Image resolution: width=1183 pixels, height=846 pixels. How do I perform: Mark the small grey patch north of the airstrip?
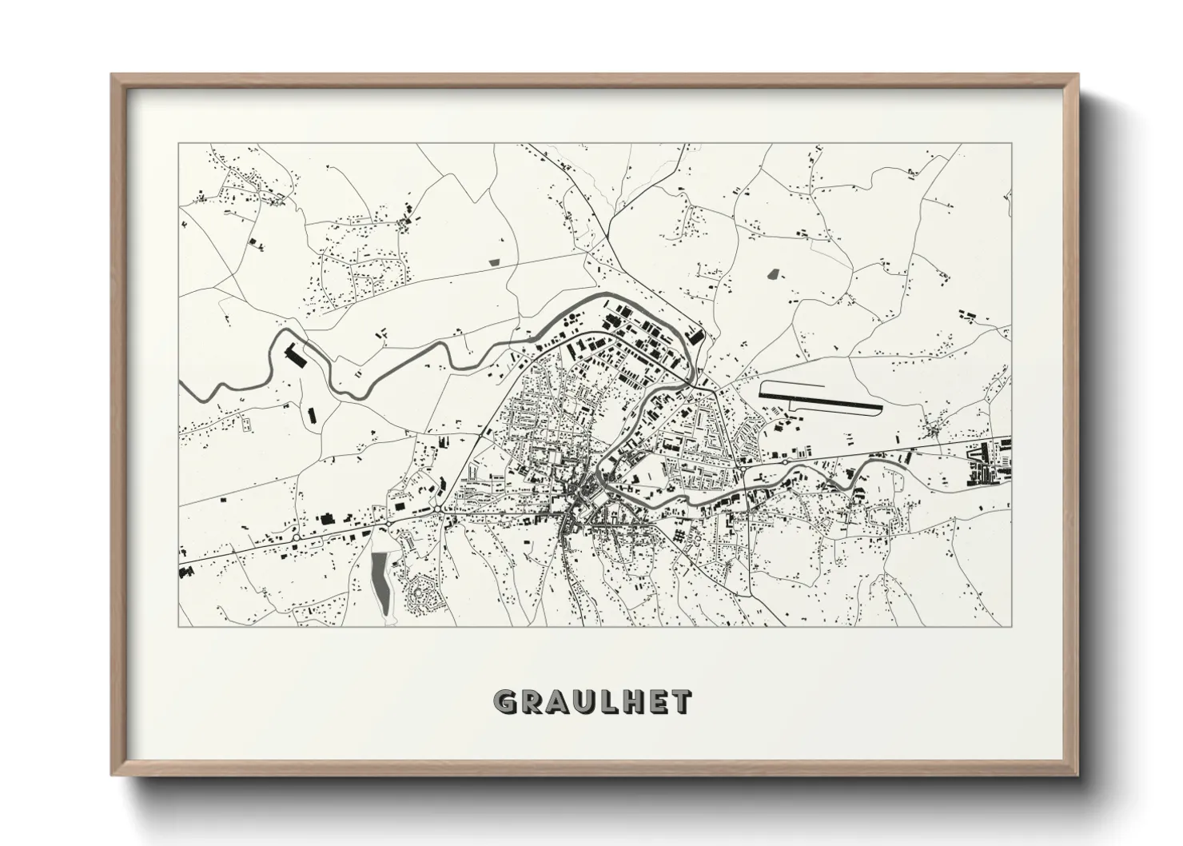(x=772, y=273)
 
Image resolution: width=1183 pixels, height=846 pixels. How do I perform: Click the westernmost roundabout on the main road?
(x=296, y=539)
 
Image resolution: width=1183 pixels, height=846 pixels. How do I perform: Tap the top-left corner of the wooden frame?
(x=113, y=75)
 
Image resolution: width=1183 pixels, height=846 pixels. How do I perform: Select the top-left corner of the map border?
(x=179, y=144)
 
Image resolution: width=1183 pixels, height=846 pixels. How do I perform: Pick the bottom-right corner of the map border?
(x=1011, y=626)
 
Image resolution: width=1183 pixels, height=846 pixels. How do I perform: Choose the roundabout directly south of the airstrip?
(x=785, y=461)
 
